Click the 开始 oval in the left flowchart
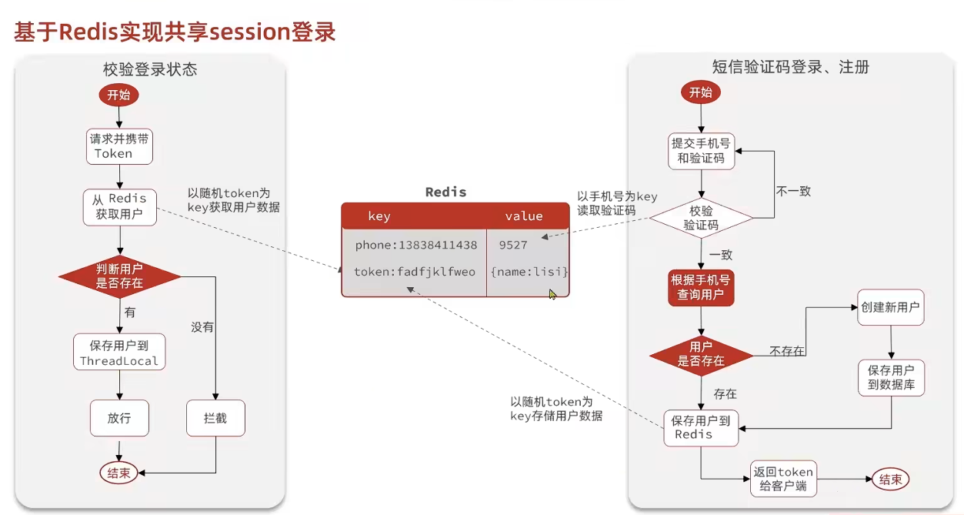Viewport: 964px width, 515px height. pyautogui.click(x=118, y=95)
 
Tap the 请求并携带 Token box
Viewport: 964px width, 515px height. pyautogui.click(x=119, y=146)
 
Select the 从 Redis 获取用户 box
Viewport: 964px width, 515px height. pyautogui.click(x=120, y=207)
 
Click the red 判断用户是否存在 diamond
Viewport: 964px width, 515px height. pyautogui.click(x=120, y=276)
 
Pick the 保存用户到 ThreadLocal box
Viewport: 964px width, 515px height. pyautogui.click(x=119, y=353)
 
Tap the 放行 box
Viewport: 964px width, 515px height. pyautogui.click(x=119, y=418)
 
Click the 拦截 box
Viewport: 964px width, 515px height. pyautogui.click(x=215, y=418)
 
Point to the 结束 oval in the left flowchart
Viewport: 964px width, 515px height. pyautogui.click(x=118, y=473)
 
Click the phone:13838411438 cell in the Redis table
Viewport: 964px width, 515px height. pyautogui.click(x=415, y=245)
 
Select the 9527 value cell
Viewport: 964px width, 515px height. pyautogui.click(x=513, y=245)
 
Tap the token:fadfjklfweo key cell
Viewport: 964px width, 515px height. pyautogui.click(x=415, y=272)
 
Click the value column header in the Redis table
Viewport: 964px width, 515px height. pyautogui.click(x=524, y=216)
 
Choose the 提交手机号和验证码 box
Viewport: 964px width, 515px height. pyautogui.click(x=701, y=151)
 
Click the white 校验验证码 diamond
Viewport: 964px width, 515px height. pyautogui.click(x=701, y=218)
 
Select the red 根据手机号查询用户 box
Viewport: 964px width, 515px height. pyautogui.click(x=701, y=288)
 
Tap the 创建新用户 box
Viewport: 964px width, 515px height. pyautogui.click(x=890, y=307)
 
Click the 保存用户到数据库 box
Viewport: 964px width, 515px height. pyautogui.click(x=891, y=378)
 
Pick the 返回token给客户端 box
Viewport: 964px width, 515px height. pyautogui.click(x=783, y=479)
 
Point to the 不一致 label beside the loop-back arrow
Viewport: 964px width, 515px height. pyautogui.click(x=793, y=191)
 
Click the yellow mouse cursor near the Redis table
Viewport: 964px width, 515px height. pyautogui.click(x=552, y=294)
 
